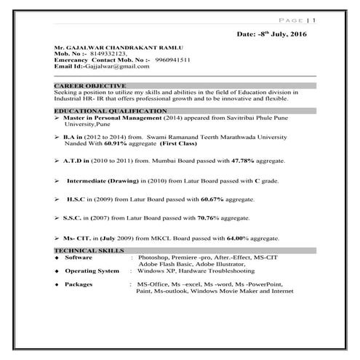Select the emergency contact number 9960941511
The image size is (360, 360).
coord(177,59)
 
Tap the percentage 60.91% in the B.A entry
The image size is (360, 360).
coord(106,143)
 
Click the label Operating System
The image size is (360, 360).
coord(92,271)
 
